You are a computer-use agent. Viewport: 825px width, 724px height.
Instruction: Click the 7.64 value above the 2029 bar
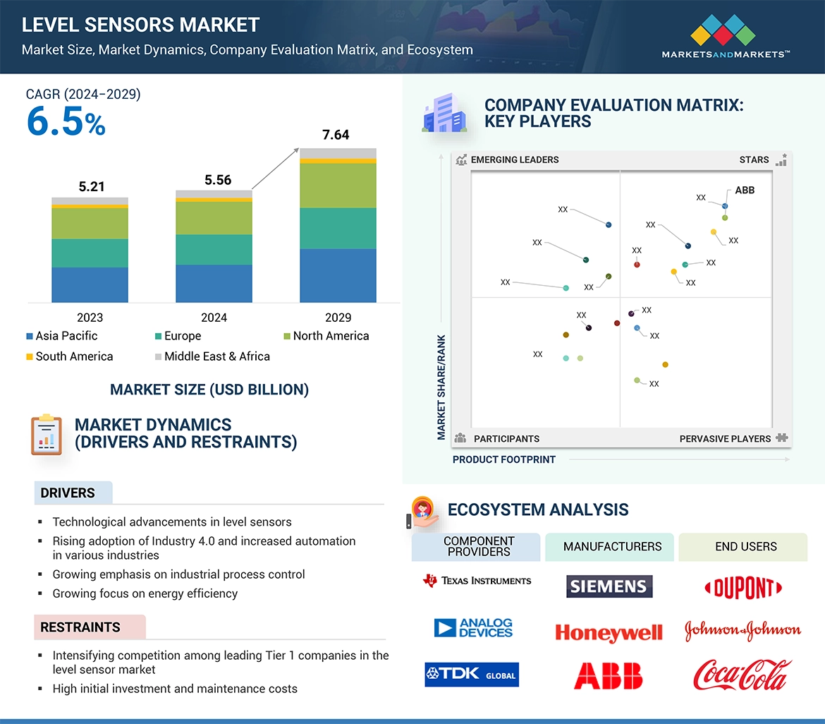[336, 135]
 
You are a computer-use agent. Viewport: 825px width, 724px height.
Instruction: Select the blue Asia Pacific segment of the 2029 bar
[338, 275]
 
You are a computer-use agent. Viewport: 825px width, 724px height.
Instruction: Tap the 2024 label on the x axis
[214, 318]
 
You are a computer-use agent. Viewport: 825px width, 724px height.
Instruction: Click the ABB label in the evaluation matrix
[745, 191]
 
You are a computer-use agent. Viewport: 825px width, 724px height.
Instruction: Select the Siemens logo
[609, 586]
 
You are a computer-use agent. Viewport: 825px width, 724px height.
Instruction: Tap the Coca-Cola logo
[742, 675]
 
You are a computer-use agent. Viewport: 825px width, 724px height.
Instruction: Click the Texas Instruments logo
[477, 581]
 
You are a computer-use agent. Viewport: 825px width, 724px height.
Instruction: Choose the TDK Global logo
[472, 675]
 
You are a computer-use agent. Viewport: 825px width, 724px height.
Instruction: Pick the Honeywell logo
[609, 632]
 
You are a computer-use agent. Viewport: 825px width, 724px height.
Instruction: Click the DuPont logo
[743, 588]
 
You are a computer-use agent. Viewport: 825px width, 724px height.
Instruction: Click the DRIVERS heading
[68, 493]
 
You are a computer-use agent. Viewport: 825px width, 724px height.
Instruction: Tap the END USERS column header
[745, 547]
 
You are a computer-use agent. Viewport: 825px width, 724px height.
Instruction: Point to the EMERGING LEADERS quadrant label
[514, 159]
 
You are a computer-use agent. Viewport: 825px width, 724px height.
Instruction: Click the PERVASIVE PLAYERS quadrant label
[725, 439]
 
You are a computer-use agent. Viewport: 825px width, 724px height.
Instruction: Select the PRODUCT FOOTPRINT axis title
[504, 459]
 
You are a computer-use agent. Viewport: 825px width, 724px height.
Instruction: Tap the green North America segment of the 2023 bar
[90, 224]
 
